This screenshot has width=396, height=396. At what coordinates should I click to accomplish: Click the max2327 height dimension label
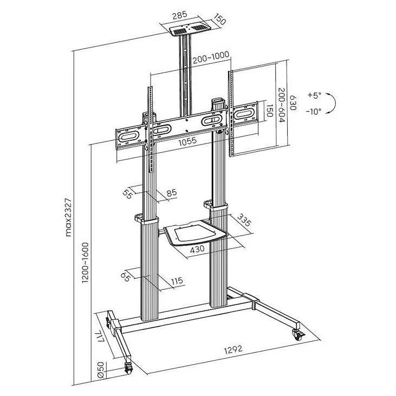(69, 217)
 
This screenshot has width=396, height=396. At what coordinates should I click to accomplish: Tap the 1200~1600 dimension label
(86, 263)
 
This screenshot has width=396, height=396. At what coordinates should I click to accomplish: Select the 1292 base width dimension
(233, 349)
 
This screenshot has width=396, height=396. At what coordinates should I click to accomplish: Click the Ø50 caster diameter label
(101, 370)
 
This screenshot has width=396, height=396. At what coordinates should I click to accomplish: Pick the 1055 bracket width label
(187, 141)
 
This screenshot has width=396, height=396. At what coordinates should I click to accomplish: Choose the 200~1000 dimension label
(211, 58)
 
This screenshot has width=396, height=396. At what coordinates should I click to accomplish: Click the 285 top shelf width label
(179, 15)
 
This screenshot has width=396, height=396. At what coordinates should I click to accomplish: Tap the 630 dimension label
(293, 102)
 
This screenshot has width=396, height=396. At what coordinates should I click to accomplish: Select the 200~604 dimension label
(282, 105)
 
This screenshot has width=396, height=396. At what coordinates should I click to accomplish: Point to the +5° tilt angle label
(314, 95)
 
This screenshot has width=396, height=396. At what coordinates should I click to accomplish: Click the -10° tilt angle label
(314, 112)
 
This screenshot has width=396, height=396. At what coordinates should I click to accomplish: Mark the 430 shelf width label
(197, 249)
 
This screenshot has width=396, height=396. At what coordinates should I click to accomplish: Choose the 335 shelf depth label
(244, 220)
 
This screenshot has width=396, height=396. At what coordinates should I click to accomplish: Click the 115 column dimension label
(177, 281)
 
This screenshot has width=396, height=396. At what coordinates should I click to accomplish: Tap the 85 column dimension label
(172, 193)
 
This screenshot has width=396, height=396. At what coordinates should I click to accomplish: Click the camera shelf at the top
(190, 30)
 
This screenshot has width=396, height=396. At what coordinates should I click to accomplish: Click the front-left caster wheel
(128, 367)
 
